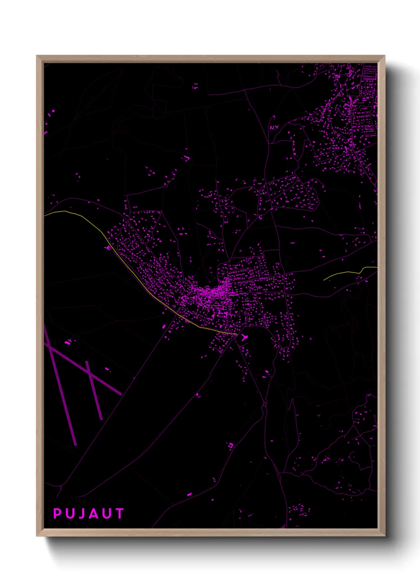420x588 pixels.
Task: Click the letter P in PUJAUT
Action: (x=57, y=514)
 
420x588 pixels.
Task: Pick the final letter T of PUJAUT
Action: (x=119, y=514)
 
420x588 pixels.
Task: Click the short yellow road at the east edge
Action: (x=345, y=273)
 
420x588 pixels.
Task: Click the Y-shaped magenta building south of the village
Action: (x=244, y=337)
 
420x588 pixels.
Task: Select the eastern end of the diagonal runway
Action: (x=120, y=394)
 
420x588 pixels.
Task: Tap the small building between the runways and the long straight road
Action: (x=106, y=369)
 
